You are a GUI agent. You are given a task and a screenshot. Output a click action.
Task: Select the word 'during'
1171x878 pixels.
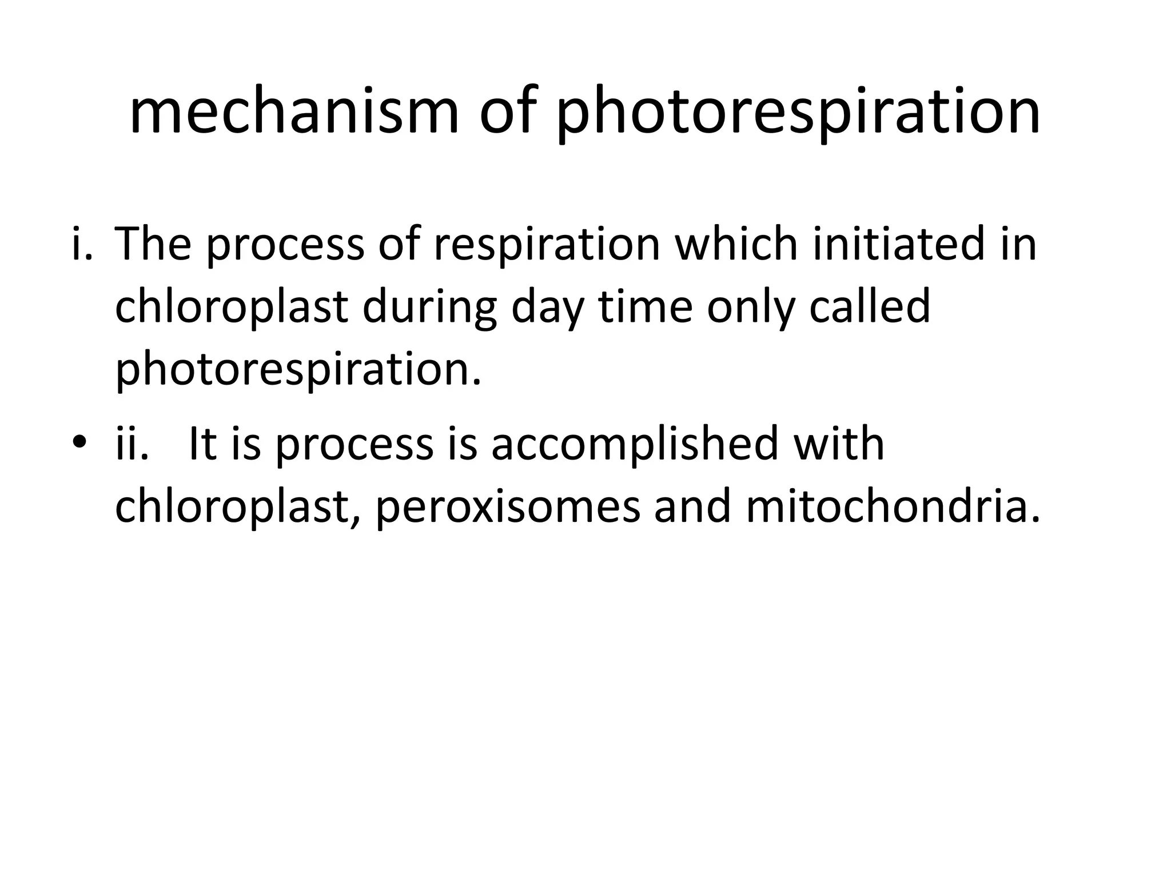click(x=428, y=309)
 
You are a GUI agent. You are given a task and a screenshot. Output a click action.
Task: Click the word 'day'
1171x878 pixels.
click(x=547, y=309)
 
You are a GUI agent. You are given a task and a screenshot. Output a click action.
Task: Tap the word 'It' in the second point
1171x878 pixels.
click(x=201, y=444)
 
